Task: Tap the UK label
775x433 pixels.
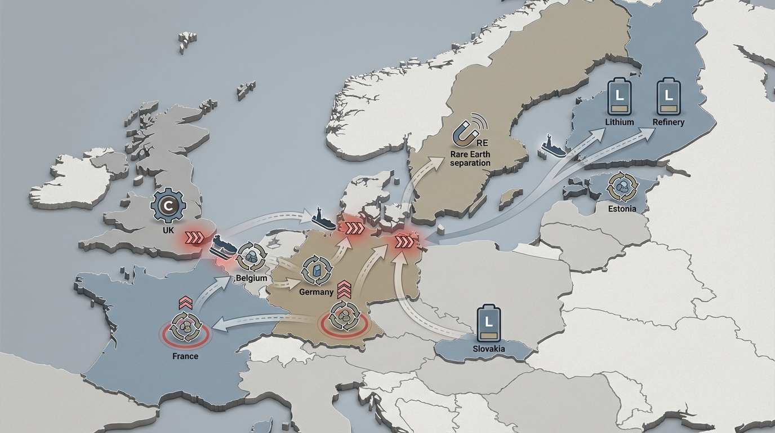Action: pos(167,231)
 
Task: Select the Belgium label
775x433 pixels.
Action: pos(251,278)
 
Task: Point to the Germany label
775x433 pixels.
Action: pos(316,292)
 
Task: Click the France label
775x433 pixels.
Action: pos(185,356)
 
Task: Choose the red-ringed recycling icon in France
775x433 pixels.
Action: pos(185,329)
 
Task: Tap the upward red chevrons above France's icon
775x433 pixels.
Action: pos(185,303)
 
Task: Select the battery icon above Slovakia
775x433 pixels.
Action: pos(488,324)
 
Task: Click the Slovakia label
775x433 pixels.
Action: pos(489,348)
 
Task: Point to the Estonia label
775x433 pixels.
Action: pos(622,209)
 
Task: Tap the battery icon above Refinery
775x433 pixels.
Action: pos(669,96)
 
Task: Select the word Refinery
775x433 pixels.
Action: pos(669,122)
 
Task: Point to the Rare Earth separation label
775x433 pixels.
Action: pos(470,158)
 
